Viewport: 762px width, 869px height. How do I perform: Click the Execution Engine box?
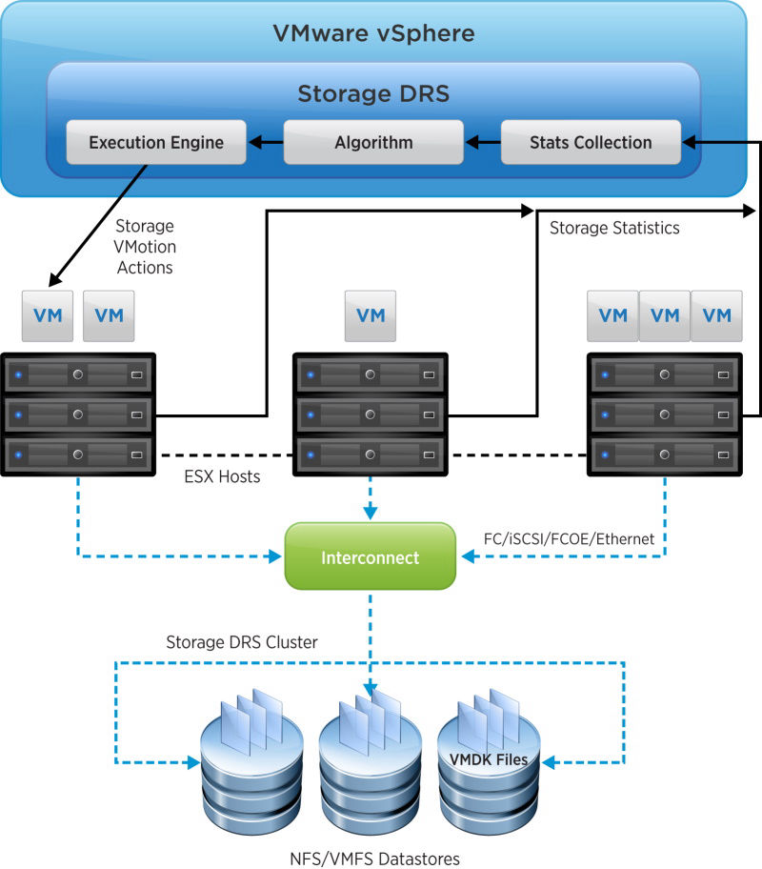(156, 142)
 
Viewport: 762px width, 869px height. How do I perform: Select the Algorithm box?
(373, 142)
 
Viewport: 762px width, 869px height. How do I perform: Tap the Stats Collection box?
(591, 142)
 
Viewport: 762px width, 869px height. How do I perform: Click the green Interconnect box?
(371, 556)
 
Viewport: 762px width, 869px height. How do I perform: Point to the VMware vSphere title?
(374, 33)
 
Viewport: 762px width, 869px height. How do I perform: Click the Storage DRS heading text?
(373, 93)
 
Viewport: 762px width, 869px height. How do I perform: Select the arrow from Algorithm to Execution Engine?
(266, 142)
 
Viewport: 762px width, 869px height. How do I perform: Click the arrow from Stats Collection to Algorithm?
(483, 142)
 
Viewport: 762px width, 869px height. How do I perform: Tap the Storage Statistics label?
(614, 228)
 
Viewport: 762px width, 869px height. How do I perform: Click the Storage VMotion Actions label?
(145, 247)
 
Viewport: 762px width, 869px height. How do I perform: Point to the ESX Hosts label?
(222, 476)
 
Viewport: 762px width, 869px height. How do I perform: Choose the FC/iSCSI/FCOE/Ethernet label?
(570, 538)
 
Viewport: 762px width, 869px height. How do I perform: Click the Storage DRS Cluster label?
(242, 642)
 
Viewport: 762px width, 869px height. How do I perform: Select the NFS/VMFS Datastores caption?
(374, 859)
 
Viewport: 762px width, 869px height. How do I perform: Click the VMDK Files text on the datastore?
(489, 759)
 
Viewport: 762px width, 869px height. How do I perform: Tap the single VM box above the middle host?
(371, 316)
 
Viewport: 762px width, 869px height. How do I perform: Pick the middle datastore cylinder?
(371, 776)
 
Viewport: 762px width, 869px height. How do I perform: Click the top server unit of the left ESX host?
(77, 374)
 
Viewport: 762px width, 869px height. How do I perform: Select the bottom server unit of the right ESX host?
(665, 455)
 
